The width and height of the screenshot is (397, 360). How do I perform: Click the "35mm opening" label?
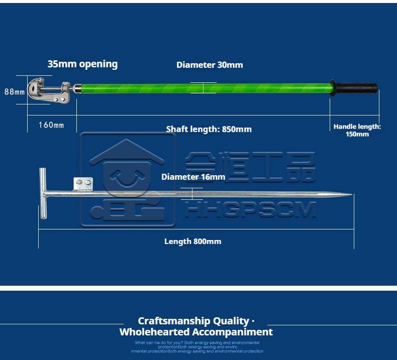(82, 64)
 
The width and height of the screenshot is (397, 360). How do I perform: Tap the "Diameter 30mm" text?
(210, 65)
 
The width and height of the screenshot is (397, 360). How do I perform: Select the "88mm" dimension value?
(15, 92)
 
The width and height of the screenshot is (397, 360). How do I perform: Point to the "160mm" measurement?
(51, 125)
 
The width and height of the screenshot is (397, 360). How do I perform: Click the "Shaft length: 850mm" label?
(209, 130)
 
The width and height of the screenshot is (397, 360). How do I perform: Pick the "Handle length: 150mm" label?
(357, 131)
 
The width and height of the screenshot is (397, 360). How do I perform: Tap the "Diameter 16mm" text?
(193, 177)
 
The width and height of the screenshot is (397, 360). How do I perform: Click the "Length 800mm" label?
(192, 242)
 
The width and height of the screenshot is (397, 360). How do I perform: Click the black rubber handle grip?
(357, 88)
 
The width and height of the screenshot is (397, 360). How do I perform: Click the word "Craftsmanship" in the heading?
(168, 321)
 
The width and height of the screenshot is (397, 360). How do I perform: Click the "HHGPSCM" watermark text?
(250, 210)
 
